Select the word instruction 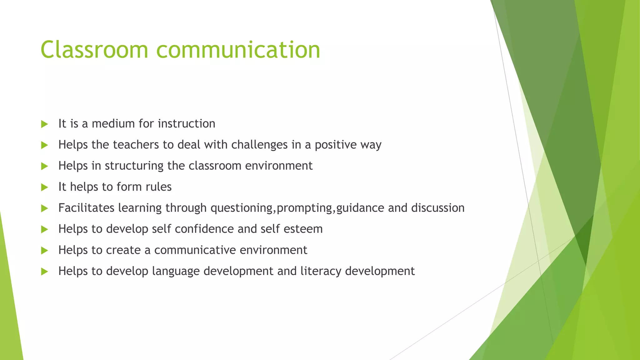pyautogui.click(x=187, y=124)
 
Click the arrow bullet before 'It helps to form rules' pyautogui.click(x=44, y=187)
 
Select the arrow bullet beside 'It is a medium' pyautogui.click(x=44, y=124)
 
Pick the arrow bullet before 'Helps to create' pyautogui.click(x=44, y=250)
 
